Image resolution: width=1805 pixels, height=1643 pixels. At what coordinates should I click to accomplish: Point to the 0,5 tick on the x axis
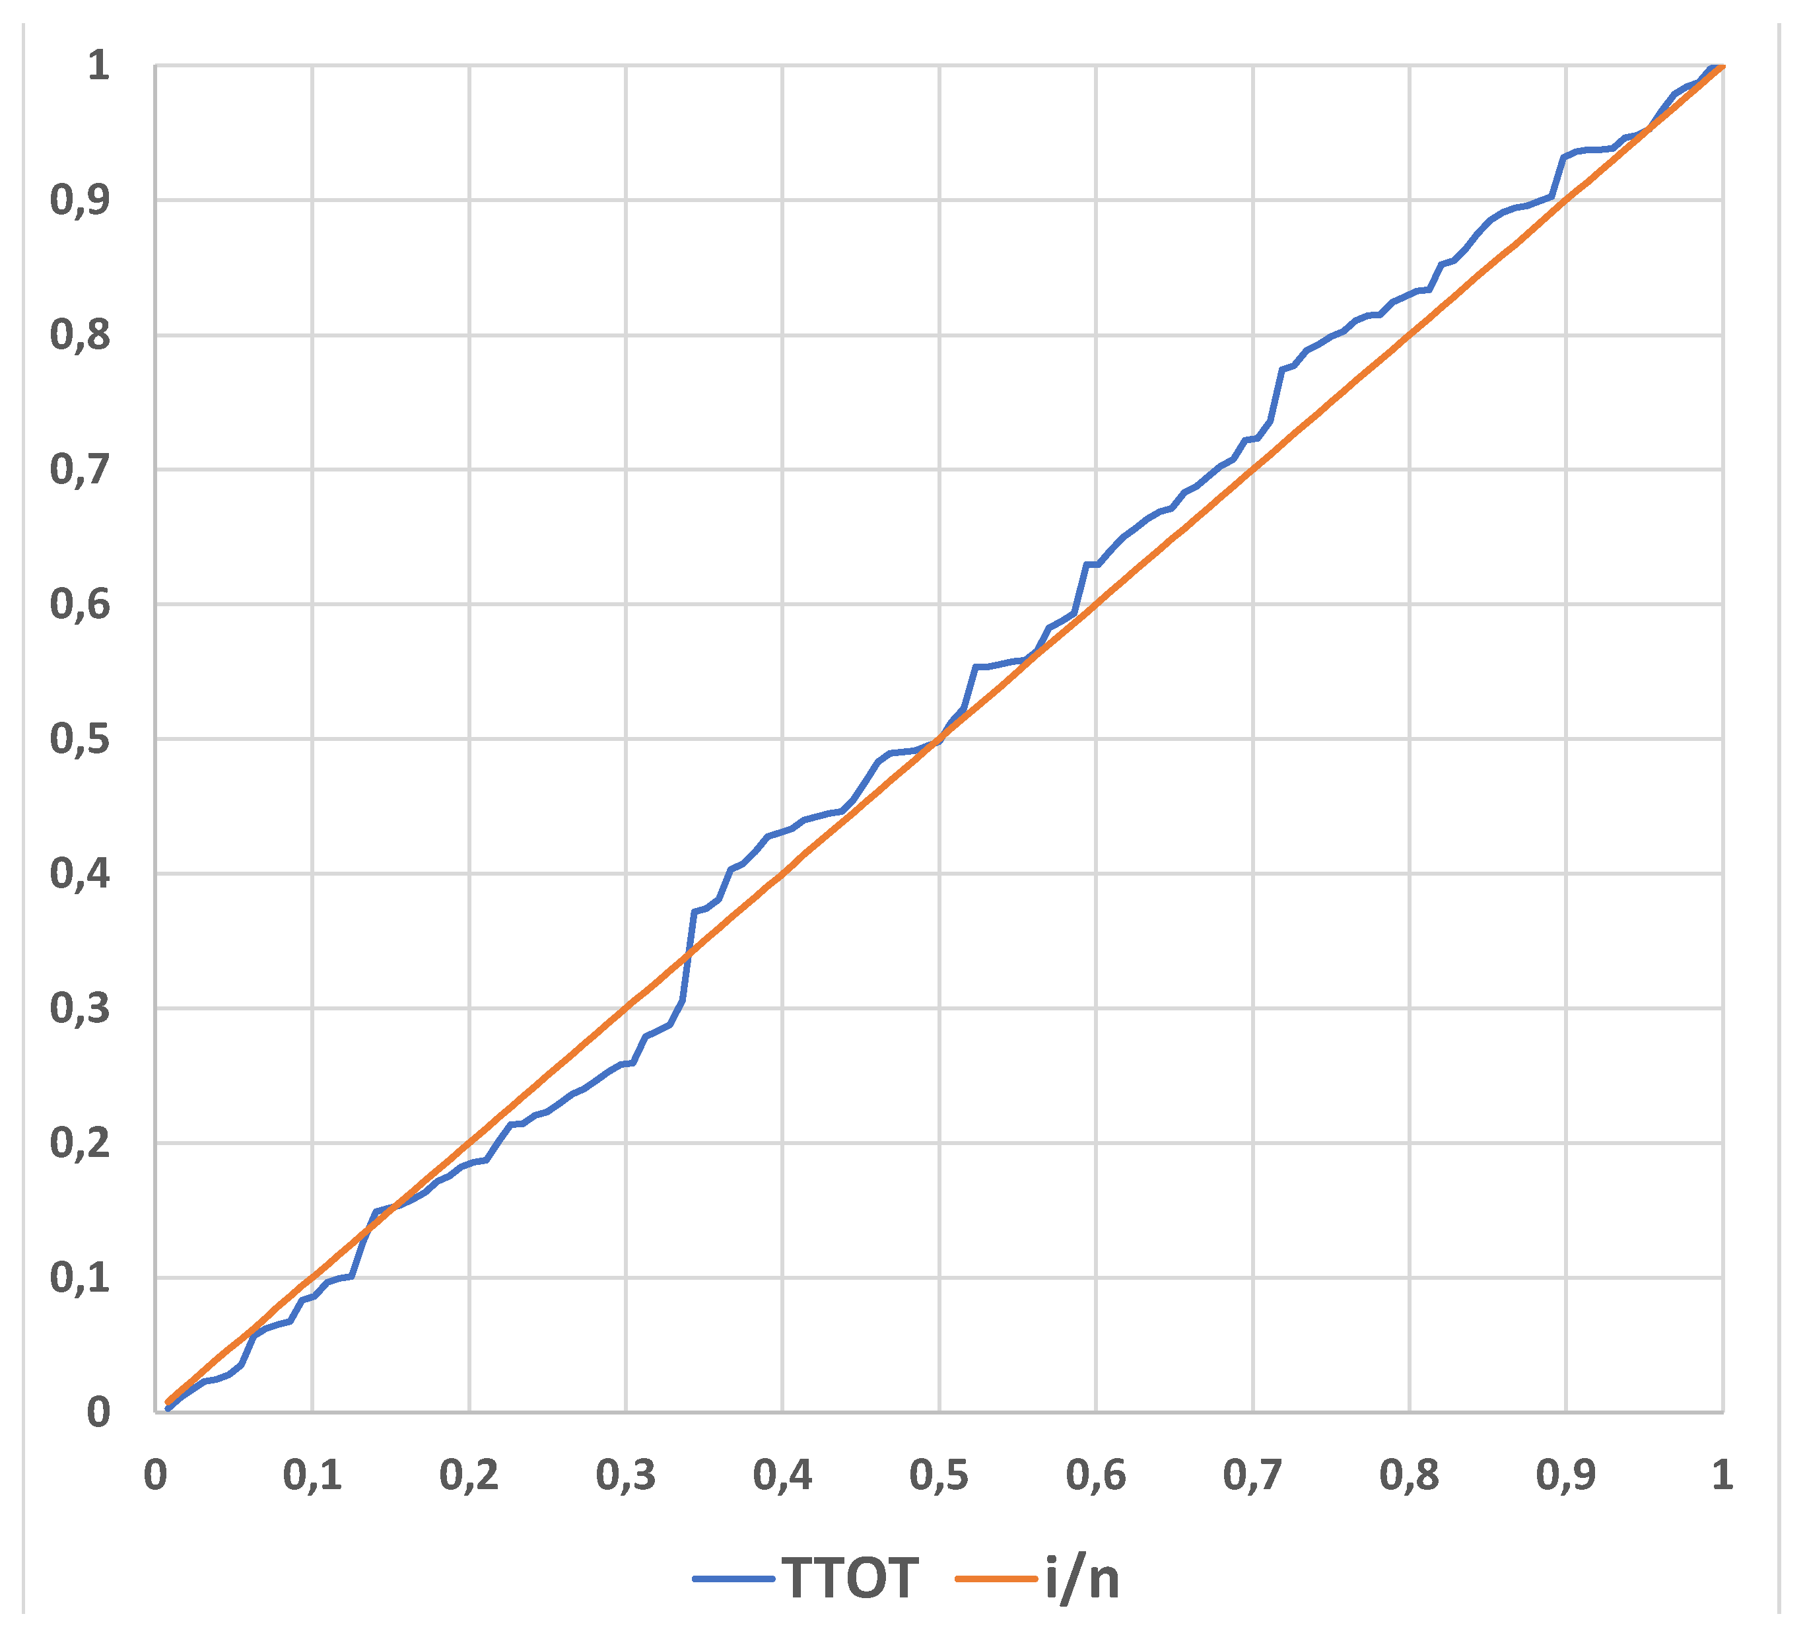point(939,1475)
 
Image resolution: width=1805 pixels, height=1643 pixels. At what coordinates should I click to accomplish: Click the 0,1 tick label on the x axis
point(312,1475)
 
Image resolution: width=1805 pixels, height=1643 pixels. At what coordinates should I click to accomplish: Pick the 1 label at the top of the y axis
point(98,65)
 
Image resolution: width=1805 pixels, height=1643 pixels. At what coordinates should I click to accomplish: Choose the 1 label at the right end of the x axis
point(1722,1475)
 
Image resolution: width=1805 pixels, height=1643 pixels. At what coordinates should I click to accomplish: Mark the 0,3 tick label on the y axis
point(80,1008)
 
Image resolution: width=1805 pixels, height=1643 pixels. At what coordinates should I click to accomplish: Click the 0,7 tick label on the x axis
point(1252,1475)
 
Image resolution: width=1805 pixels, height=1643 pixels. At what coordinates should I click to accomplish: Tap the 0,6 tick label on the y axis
point(80,604)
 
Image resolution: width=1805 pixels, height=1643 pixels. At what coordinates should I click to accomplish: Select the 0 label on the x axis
point(156,1475)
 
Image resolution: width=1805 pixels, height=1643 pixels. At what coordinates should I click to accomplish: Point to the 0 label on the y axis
point(98,1412)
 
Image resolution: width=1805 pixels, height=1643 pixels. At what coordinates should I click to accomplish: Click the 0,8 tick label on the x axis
point(1410,1475)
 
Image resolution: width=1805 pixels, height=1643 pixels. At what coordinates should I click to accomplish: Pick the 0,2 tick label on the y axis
point(80,1143)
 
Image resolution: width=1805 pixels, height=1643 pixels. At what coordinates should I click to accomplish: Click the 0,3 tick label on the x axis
point(626,1475)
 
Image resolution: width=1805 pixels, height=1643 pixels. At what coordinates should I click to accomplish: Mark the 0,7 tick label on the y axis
point(80,469)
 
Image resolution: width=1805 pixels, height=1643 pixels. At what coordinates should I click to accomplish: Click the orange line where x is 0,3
point(626,1007)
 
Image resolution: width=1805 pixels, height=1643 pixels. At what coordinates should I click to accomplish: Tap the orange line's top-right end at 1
point(1721,68)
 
